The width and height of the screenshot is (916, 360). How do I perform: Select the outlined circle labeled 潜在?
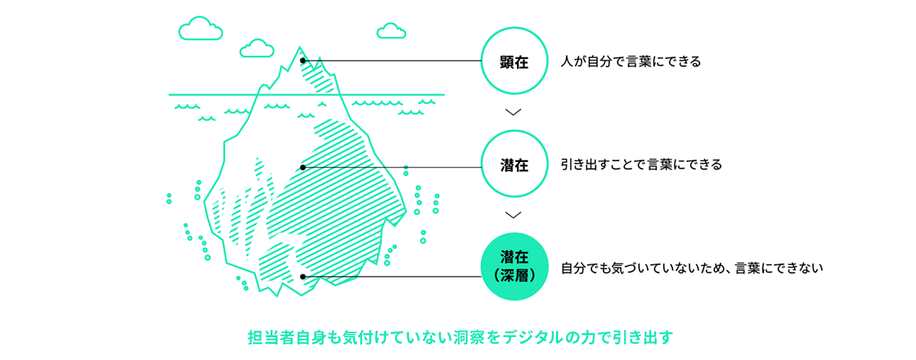click(513, 165)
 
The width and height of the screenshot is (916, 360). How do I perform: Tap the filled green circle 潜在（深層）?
click(513, 268)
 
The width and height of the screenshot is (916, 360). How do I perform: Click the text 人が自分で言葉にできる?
click(631, 61)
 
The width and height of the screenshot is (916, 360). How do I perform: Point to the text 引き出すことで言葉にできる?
click(641, 164)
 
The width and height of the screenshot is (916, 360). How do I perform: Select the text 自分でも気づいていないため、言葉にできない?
click(691, 268)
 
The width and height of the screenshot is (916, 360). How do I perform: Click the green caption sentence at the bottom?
click(459, 336)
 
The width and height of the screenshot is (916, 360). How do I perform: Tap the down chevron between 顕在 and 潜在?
click(513, 112)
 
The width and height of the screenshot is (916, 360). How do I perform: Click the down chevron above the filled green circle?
click(513, 215)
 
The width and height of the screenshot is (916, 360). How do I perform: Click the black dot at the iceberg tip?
click(303, 61)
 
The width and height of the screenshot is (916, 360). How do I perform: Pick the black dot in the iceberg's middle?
click(303, 167)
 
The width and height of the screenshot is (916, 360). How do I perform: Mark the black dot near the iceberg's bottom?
click(303, 277)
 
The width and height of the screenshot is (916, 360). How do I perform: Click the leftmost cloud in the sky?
click(200, 29)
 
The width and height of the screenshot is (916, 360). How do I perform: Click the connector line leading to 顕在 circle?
click(393, 61)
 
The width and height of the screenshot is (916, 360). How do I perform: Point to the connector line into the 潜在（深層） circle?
click(393, 277)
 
